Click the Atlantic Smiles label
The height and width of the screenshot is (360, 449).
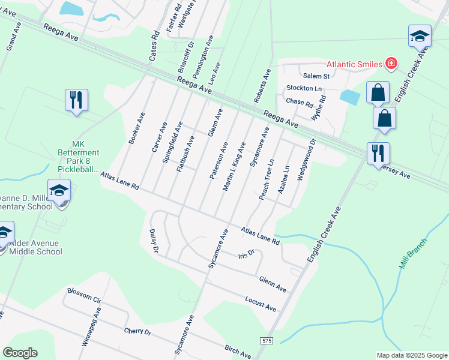[355, 64]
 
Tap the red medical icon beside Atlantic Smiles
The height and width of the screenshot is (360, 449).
[391, 63]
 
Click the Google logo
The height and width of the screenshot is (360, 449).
[20, 353]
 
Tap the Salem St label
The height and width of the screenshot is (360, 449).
[316, 76]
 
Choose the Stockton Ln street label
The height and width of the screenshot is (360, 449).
[304, 88]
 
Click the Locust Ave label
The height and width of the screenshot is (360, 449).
[261, 303]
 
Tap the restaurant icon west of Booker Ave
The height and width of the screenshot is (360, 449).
[76, 100]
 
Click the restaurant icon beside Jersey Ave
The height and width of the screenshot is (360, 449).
[379, 154]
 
